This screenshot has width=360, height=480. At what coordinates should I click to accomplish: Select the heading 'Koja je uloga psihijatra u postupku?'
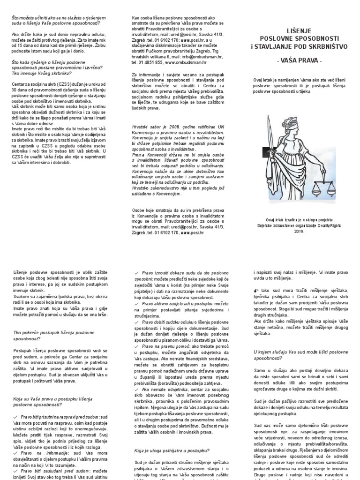[172, 451]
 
